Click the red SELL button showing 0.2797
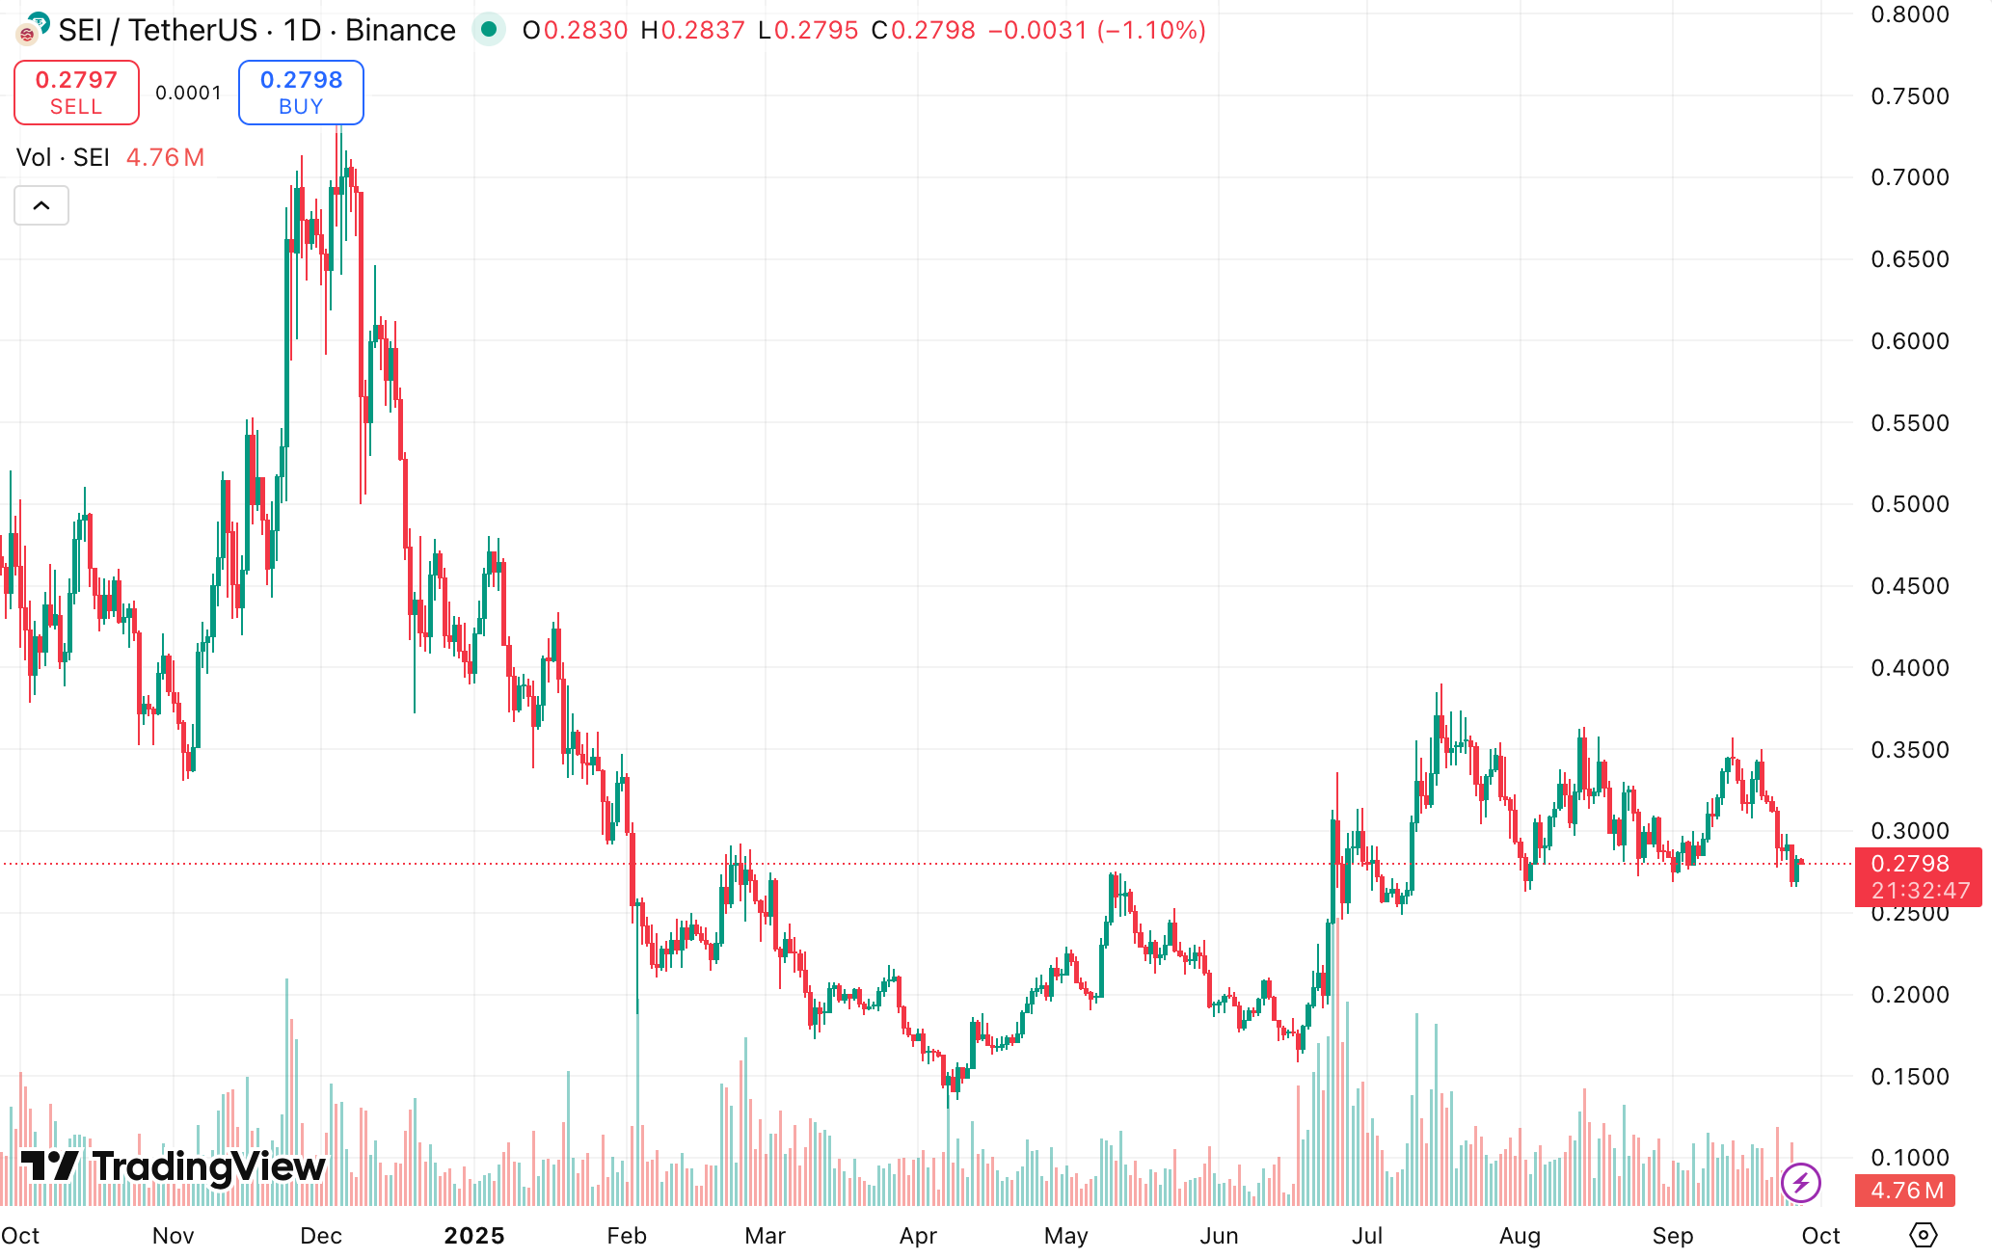(x=76, y=93)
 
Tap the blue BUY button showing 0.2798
(x=301, y=93)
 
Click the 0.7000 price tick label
(x=1909, y=177)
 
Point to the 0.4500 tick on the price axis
(x=1909, y=586)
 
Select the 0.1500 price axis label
(x=1909, y=1077)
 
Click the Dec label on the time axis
(x=321, y=1236)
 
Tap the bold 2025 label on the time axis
(x=474, y=1236)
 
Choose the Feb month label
(x=627, y=1236)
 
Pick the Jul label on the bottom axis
(x=1367, y=1236)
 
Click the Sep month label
(x=1673, y=1236)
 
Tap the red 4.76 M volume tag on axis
(x=1906, y=1191)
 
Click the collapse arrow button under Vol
(x=41, y=205)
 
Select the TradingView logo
(x=174, y=1166)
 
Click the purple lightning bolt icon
(x=1800, y=1182)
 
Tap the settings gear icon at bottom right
(x=1923, y=1235)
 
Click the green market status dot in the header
(x=489, y=30)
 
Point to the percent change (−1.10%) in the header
(x=1151, y=31)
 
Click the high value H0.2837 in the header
(x=692, y=31)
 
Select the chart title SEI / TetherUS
(x=157, y=31)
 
